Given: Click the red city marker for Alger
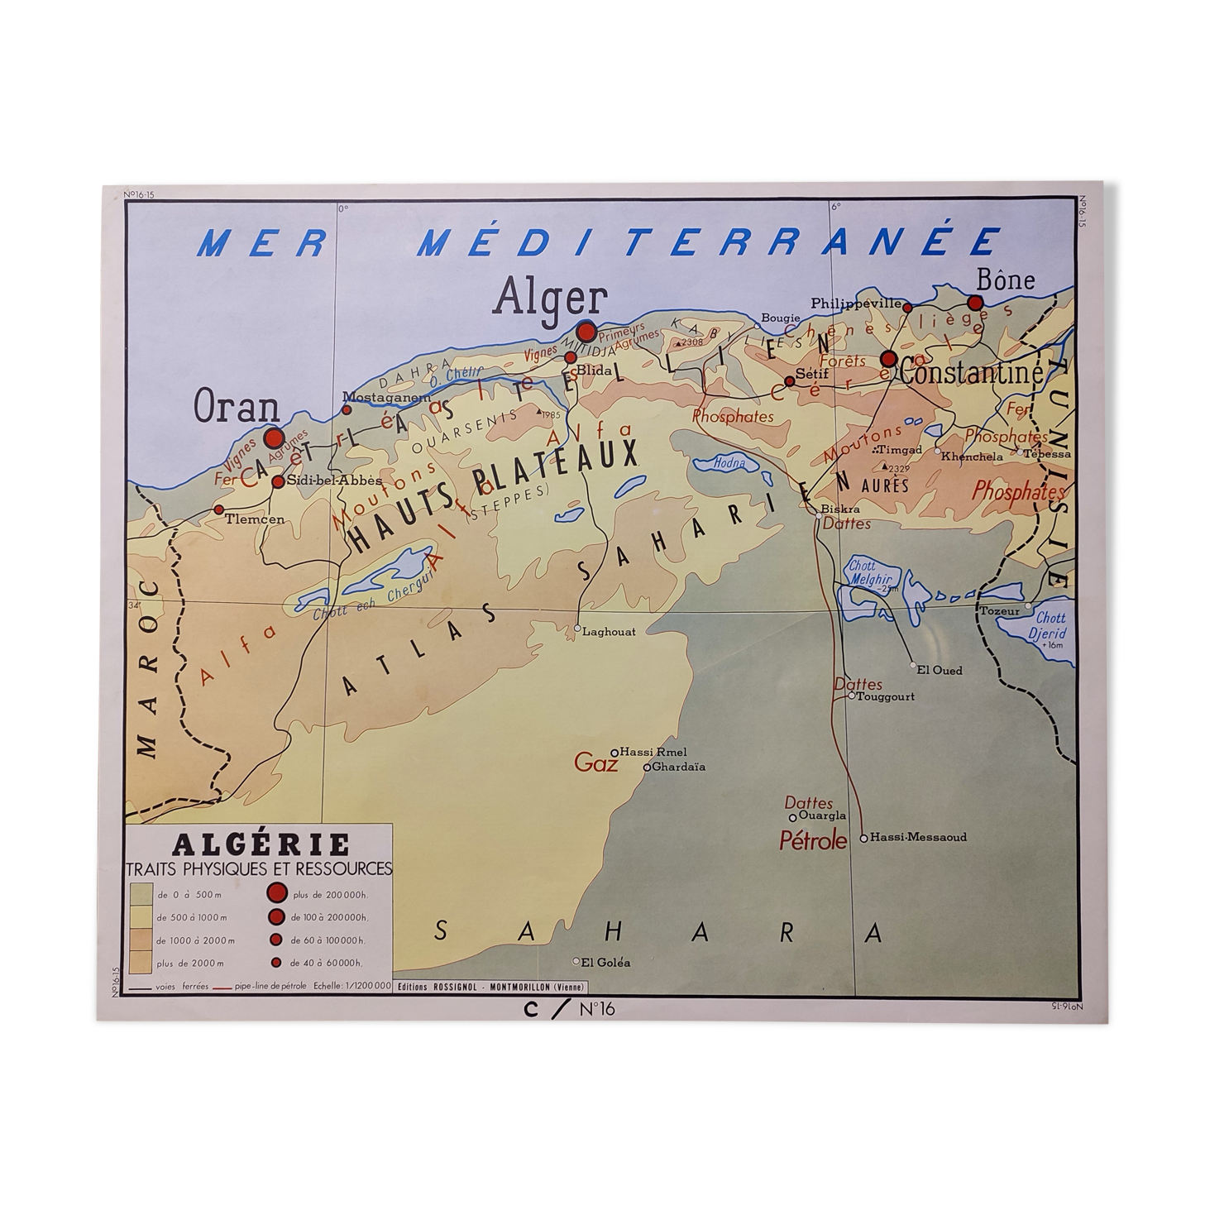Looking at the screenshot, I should point(586,332).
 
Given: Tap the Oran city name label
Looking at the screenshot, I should point(236,408).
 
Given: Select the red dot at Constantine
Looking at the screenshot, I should point(889,359).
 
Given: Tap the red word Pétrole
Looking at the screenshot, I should point(813,841).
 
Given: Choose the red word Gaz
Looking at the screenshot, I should point(595,763).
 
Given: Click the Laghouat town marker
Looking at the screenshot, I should point(577,629).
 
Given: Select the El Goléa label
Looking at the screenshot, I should point(606,962).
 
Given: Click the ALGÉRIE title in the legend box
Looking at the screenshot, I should point(261,844).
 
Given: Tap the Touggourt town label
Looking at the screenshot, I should point(887,696).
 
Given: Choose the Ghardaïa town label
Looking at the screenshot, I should point(678,767).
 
